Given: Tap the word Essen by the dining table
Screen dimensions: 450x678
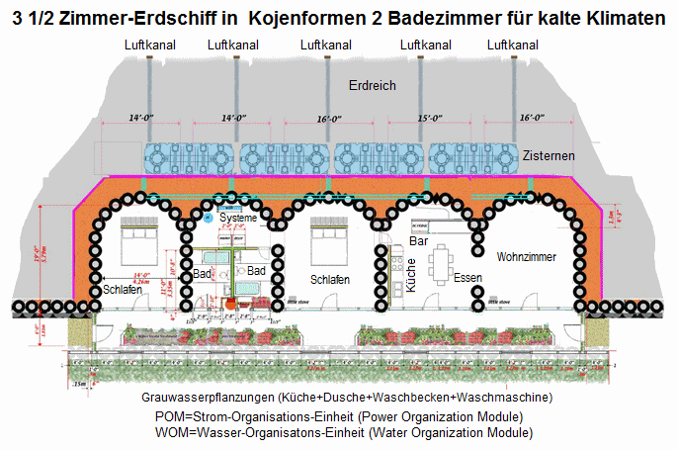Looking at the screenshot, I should point(468,279).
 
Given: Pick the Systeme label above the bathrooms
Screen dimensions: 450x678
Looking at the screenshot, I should point(238,218).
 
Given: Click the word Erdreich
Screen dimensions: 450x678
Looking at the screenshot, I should point(373,86).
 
